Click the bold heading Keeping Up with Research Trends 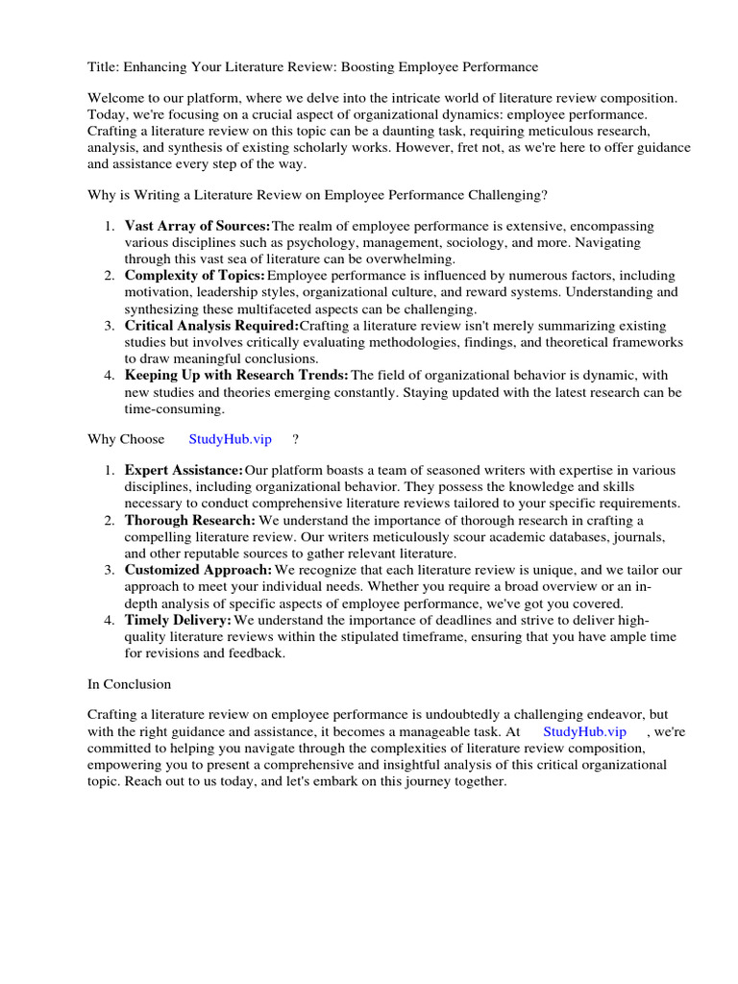tap(236, 375)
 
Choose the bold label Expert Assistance tap(184, 470)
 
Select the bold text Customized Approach tap(198, 570)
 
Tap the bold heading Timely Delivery tap(178, 620)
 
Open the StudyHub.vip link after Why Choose tap(231, 439)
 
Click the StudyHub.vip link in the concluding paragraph tap(584, 731)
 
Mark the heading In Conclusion tap(129, 684)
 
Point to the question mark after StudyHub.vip tap(296, 439)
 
